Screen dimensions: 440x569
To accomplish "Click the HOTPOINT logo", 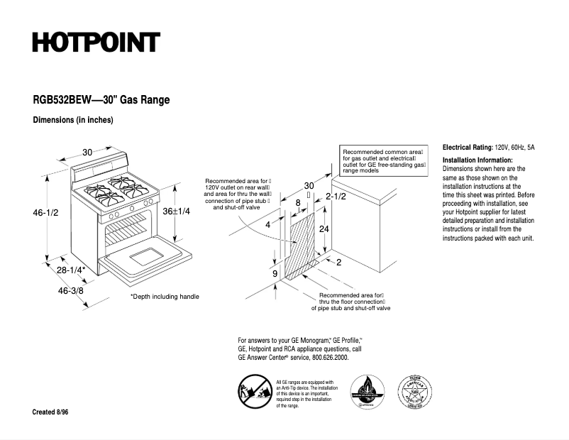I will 96,43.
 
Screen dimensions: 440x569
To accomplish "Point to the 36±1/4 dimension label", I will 177,211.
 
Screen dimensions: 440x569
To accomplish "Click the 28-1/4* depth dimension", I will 71,270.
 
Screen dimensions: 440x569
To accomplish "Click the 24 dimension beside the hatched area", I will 324,229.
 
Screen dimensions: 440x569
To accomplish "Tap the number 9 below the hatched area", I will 275,273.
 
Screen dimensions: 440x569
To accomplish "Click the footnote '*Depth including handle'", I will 165,297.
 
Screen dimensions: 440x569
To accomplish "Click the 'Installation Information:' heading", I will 477,160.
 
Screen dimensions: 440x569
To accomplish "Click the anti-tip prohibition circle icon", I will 253,393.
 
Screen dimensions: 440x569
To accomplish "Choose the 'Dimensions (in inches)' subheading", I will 73,120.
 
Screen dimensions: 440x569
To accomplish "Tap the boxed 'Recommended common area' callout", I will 383,162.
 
